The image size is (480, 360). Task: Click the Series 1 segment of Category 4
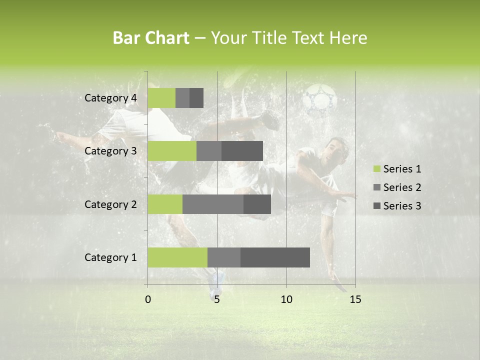161,98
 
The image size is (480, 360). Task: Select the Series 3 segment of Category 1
275,257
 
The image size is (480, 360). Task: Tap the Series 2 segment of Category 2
213,204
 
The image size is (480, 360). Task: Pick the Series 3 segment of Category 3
242,151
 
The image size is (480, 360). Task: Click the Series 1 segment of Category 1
177,257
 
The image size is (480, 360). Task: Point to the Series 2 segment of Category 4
182,98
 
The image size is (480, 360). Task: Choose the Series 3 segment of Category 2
257,204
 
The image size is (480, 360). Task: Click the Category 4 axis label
110,98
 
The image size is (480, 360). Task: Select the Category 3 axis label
110,151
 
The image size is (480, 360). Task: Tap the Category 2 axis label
110,204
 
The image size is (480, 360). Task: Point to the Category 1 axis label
110,257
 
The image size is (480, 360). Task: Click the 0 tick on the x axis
148,299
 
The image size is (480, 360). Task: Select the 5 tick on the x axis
217,299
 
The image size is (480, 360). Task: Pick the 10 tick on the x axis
286,299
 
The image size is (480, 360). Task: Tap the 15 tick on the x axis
355,299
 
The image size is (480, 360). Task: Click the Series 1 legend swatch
376,169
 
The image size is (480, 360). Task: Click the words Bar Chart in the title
151,38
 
